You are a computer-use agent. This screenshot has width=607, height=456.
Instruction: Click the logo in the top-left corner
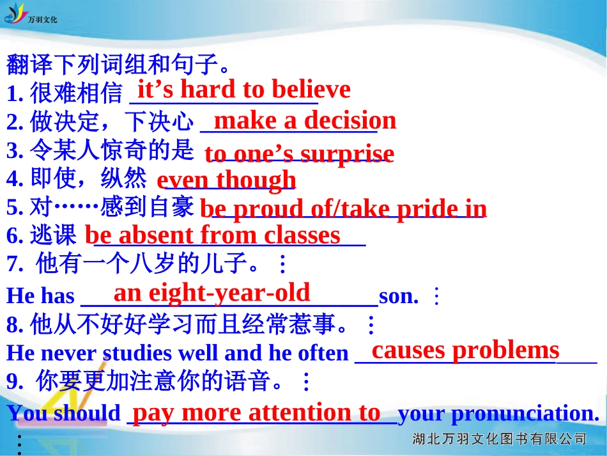(30, 14)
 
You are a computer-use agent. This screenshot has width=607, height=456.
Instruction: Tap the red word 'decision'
(350, 120)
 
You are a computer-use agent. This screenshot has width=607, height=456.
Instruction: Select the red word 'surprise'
(347, 154)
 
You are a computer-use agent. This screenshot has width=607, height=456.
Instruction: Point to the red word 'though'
(256, 181)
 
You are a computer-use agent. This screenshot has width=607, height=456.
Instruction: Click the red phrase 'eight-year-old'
(229, 294)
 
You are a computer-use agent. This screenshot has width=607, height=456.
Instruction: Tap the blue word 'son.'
(399, 296)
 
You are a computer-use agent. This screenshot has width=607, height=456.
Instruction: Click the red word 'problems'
(505, 351)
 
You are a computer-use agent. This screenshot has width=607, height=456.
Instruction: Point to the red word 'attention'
(300, 413)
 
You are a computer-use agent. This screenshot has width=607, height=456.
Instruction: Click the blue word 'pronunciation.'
(525, 414)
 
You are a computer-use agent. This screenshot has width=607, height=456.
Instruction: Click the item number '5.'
(15, 207)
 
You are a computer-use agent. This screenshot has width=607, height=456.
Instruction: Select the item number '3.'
(15, 151)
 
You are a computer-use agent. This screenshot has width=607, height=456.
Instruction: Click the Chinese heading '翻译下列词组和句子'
(112, 65)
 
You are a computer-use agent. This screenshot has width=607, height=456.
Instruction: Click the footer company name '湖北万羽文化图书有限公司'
(500, 439)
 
